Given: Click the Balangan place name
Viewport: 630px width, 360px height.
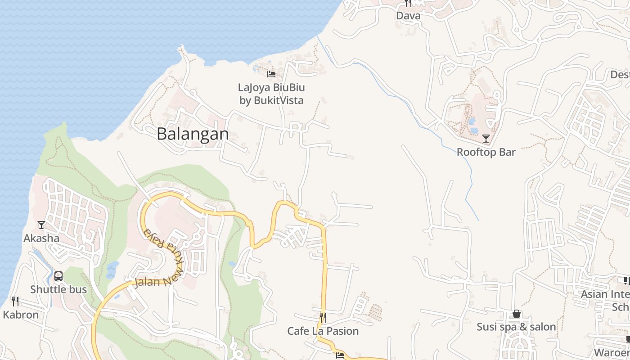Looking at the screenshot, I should [x=193, y=134].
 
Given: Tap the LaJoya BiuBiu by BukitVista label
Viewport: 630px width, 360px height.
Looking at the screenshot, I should [x=271, y=94].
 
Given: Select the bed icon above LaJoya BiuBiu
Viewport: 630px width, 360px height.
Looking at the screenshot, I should [x=271, y=74].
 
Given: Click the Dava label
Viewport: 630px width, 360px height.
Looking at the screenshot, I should [x=408, y=16].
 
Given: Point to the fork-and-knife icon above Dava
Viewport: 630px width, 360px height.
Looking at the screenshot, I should [x=408, y=4].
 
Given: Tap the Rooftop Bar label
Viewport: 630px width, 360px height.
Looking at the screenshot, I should [x=486, y=152].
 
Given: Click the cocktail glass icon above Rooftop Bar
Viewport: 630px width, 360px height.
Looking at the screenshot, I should [x=486, y=138].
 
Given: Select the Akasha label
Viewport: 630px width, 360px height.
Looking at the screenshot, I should [x=41, y=238].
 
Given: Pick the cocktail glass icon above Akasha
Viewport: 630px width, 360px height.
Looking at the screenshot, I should [x=41, y=225].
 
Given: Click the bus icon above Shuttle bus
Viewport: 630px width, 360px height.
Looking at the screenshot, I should [x=58, y=276].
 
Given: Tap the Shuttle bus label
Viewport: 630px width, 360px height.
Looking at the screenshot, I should [x=58, y=289].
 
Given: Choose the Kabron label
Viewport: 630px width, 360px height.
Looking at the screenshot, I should [x=21, y=315].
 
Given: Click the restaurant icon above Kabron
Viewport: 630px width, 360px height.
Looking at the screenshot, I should [x=15, y=301].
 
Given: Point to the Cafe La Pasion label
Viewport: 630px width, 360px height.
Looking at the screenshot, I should [x=323, y=331].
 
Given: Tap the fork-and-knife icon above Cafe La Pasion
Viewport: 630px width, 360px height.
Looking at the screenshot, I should [x=323, y=317].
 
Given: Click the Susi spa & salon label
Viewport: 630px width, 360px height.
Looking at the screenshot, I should [x=517, y=327].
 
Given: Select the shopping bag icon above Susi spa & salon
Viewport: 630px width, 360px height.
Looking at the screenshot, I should [x=517, y=314].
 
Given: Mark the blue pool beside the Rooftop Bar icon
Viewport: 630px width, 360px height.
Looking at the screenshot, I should [x=474, y=130].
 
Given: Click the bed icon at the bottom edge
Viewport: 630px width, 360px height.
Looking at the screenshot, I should [x=340, y=355].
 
